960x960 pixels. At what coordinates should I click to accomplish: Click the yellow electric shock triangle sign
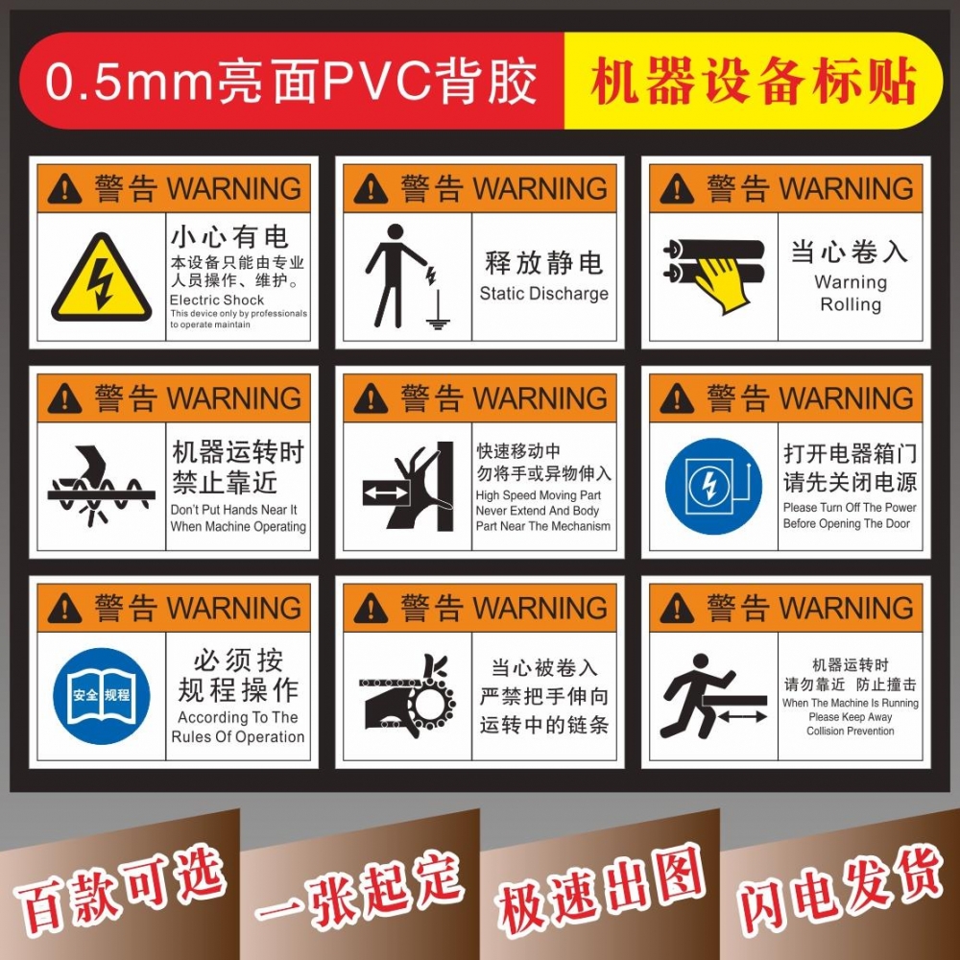[x=101, y=278]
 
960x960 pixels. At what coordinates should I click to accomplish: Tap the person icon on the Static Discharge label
[x=392, y=274]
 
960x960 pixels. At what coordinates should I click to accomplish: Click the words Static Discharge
[x=543, y=294]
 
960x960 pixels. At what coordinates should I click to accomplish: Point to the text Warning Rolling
[x=850, y=294]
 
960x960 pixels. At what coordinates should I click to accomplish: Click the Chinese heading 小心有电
[x=229, y=235]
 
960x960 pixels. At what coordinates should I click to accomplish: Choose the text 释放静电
[x=543, y=262]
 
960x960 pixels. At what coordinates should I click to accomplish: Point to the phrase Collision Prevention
[x=850, y=732]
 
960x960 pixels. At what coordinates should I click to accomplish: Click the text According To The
[x=237, y=718]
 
